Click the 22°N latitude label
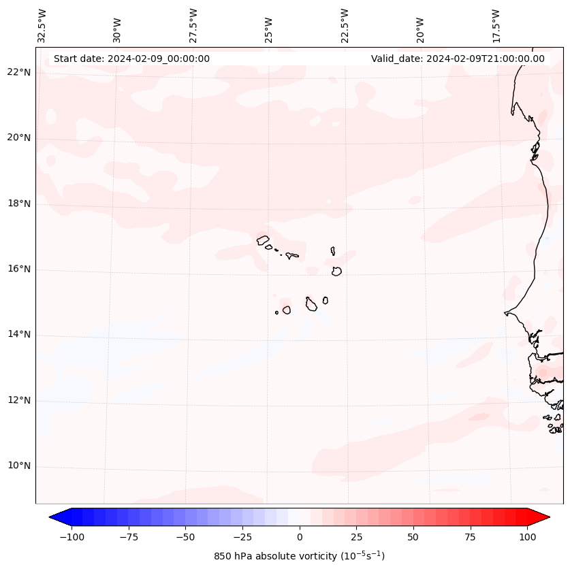point(19,73)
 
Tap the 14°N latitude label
point(19,335)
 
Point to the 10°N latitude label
point(19,466)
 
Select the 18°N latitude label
point(19,204)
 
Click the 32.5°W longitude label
point(42,25)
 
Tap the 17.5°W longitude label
point(496,25)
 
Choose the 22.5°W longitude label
point(345,25)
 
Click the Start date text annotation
point(131,59)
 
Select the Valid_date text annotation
point(458,59)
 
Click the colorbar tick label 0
point(300,537)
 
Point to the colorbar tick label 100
point(527,537)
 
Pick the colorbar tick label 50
point(413,537)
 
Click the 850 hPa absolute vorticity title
point(300,556)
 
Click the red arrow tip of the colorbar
point(545,518)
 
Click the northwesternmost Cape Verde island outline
point(263,240)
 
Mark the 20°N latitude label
point(19,138)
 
